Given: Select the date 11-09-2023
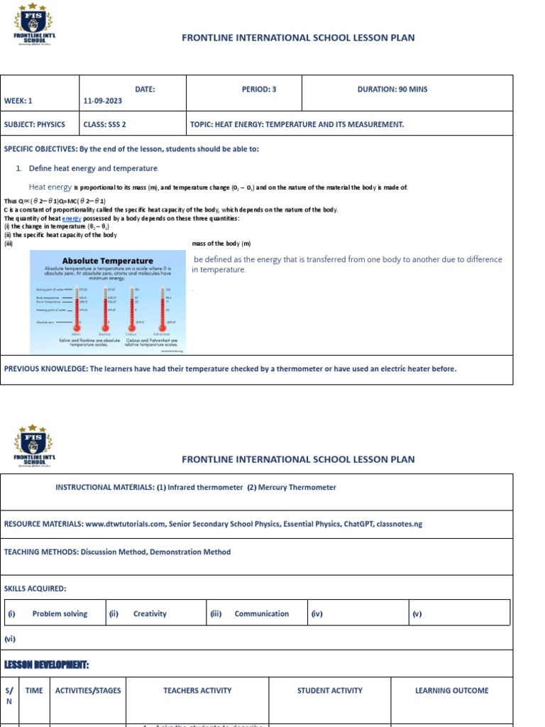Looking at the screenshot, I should click(x=102, y=101).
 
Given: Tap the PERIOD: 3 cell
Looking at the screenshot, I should click(x=259, y=89).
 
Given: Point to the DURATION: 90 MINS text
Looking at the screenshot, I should click(x=392, y=89).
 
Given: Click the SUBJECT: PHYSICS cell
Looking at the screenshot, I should click(x=35, y=124).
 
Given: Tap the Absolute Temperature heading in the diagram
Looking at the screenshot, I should click(x=107, y=261).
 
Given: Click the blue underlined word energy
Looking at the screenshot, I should click(x=72, y=219).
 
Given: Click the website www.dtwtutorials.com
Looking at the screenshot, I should click(x=126, y=524).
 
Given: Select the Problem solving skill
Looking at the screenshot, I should click(x=60, y=613).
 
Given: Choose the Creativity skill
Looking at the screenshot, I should click(x=150, y=613).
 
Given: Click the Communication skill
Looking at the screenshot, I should click(x=261, y=613).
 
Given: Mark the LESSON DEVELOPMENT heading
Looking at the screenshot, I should click(x=47, y=665).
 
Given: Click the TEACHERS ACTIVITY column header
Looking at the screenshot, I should click(x=197, y=690).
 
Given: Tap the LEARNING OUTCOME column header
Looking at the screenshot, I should click(x=451, y=690).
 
